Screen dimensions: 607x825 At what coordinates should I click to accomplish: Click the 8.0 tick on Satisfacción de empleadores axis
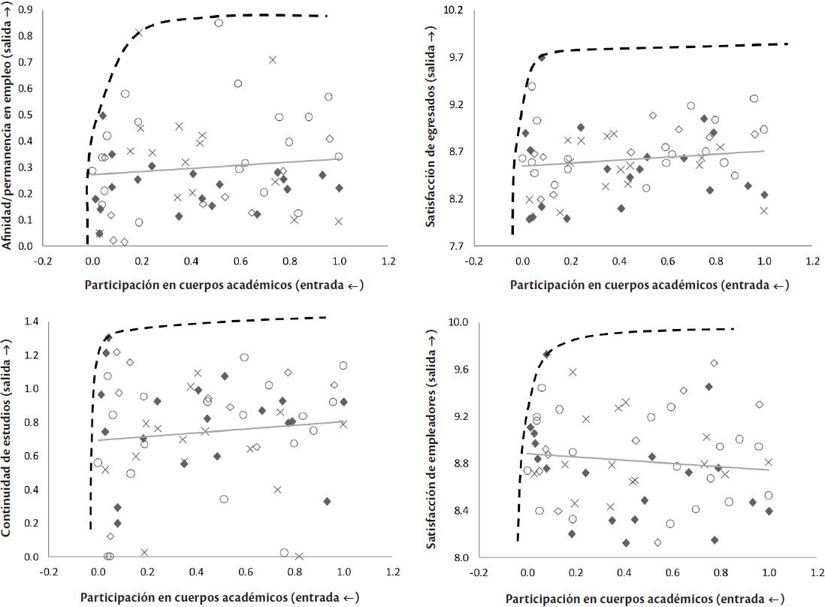(459, 557)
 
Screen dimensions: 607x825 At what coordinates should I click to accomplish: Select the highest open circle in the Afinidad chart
(219, 23)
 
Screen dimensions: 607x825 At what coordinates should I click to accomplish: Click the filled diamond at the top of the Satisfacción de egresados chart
(542, 57)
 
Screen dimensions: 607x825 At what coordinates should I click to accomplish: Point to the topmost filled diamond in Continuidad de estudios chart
(108, 337)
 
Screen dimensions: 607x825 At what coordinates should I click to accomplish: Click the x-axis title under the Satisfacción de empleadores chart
(645, 599)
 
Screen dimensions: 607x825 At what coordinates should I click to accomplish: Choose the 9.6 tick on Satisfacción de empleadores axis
(459, 370)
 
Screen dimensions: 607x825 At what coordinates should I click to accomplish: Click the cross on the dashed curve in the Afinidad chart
(139, 32)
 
